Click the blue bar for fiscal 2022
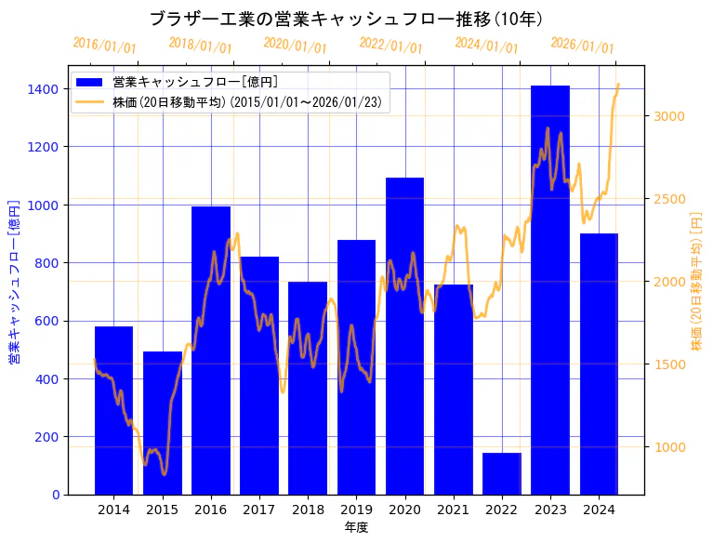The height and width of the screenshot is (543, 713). click(502, 474)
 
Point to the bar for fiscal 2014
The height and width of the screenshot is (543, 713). click(113, 410)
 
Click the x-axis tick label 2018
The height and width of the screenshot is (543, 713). click(308, 510)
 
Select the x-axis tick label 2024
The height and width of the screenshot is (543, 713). click(599, 510)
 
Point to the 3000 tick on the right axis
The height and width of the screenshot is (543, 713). click(668, 116)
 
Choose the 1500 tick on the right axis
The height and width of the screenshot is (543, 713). click(668, 364)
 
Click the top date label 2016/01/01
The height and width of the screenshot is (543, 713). click(104, 46)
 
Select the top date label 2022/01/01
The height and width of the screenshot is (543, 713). click(390, 46)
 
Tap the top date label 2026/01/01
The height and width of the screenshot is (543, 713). click(582, 46)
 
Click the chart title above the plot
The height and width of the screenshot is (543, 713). click(347, 19)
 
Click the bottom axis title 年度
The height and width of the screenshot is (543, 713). click(356, 527)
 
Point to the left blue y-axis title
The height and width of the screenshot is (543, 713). click(14, 280)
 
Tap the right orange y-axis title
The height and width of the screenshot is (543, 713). click(696, 280)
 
